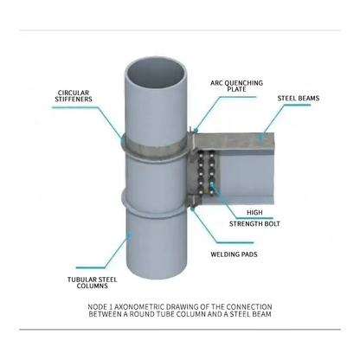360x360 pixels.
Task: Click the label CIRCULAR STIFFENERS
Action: tap(74, 96)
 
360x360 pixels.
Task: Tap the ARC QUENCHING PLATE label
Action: tap(236, 87)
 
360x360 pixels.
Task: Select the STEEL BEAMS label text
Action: tap(299, 99)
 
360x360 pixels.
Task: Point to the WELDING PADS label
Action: tap(234, 254)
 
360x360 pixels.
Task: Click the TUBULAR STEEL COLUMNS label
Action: tap(93, 283)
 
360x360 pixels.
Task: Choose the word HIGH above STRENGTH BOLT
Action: tap(254, 213)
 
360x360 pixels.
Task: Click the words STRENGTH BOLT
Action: tap(254, 224)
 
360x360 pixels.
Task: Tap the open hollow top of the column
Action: tap(156, 76)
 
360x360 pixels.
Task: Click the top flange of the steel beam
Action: tap(235, 141)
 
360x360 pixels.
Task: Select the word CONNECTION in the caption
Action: tap(249, 307)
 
